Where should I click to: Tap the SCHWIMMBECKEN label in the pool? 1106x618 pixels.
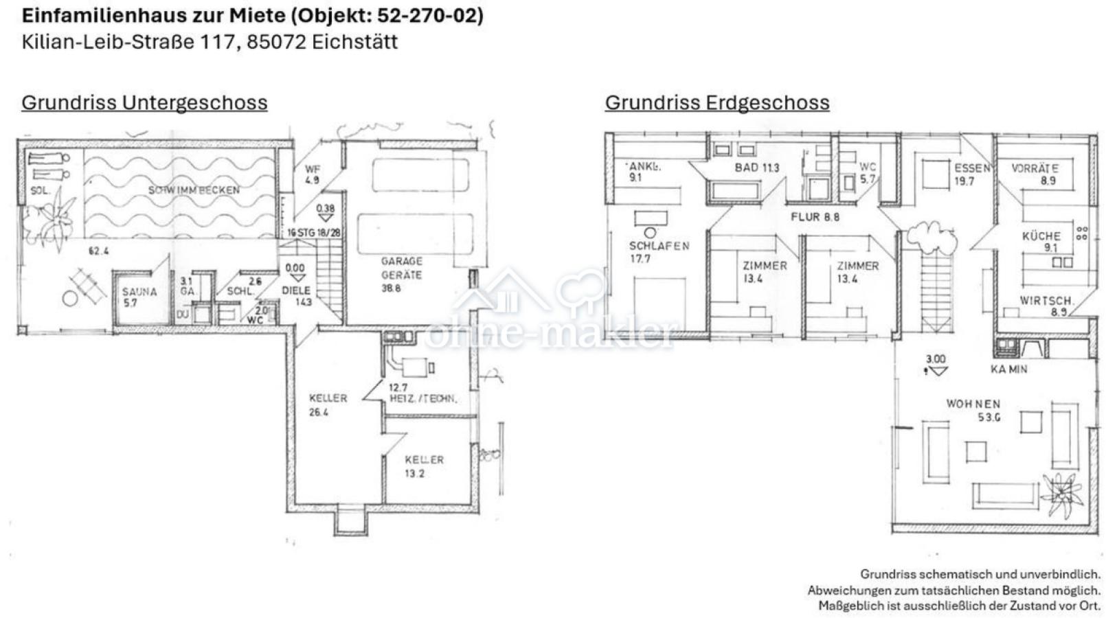point(194,190)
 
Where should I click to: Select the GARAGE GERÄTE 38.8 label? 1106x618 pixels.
point(402,274)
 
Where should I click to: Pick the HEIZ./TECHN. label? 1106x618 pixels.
point(422,398)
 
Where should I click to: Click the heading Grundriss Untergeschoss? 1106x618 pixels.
point(144,102)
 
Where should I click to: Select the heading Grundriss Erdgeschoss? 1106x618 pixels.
point(716,102)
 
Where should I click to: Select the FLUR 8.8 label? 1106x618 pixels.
point(815,217)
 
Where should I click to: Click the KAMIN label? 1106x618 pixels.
point(1008,369)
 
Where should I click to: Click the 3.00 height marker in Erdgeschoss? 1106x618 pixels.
point(935,359)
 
